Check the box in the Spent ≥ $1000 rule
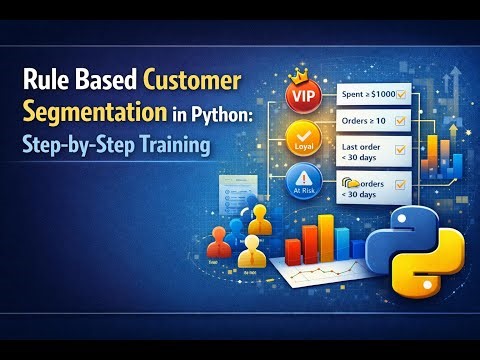(x=401, y=93)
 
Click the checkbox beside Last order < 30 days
(x=400, y=152)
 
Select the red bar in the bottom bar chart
(x=293, y=249)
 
